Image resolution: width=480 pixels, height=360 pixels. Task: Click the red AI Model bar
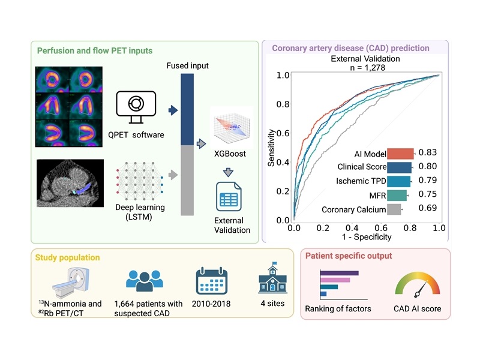[400, 153]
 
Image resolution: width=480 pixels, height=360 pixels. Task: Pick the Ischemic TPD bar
[398, 181]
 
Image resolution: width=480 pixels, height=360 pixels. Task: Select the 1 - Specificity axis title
[366, 238]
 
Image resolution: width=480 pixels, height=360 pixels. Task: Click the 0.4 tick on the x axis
[352, 229]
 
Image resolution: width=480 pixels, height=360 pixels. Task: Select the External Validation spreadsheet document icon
[229, 199]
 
